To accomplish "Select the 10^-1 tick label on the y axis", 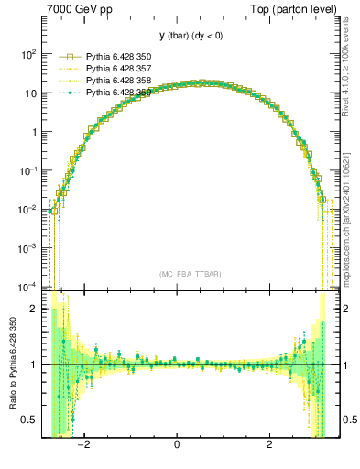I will click(x=27, y=171).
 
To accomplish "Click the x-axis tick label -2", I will click(x=84, y=446).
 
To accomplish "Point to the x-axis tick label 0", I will click(x=177, y=446).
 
